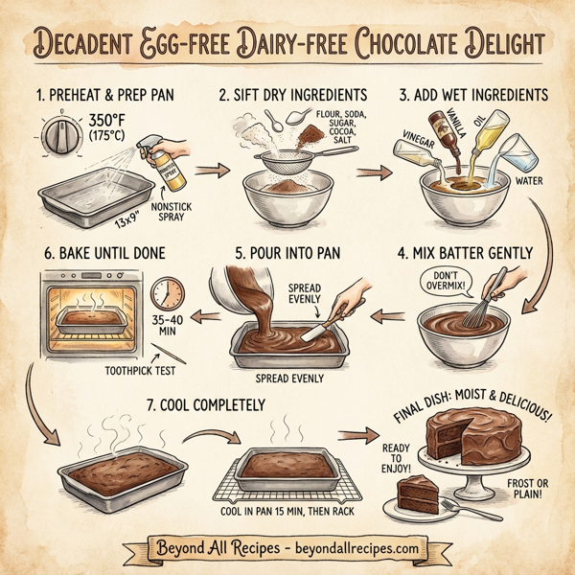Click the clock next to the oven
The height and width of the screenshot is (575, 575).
tap(167, 293)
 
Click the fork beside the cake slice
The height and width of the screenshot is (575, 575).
tap(484, 516)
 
